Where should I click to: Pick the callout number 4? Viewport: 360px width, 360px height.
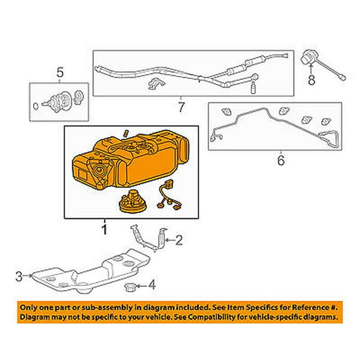[x=152, y=286]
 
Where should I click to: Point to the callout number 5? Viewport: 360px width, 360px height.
[x=59, y=73]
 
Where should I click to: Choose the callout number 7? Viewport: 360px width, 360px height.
[x=181, y=108]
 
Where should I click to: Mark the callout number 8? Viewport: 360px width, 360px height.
[x=312, y=78]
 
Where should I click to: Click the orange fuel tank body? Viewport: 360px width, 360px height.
[x=141, y=168]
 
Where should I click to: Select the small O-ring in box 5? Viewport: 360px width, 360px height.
[x=36, y=106]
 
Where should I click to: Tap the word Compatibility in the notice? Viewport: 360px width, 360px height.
[x=218, y=317]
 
